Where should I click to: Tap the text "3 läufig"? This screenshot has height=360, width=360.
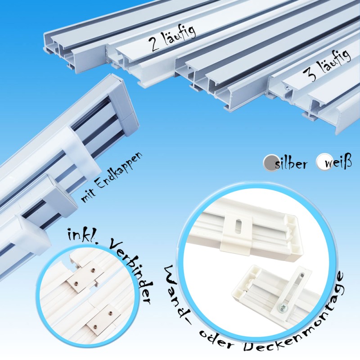[x=327, y=65]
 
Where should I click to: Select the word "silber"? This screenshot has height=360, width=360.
[x=290, y=163]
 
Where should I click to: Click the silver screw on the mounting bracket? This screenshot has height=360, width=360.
[x=282, y=306]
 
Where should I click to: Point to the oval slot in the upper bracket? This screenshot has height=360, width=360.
[x=238, y=224]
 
